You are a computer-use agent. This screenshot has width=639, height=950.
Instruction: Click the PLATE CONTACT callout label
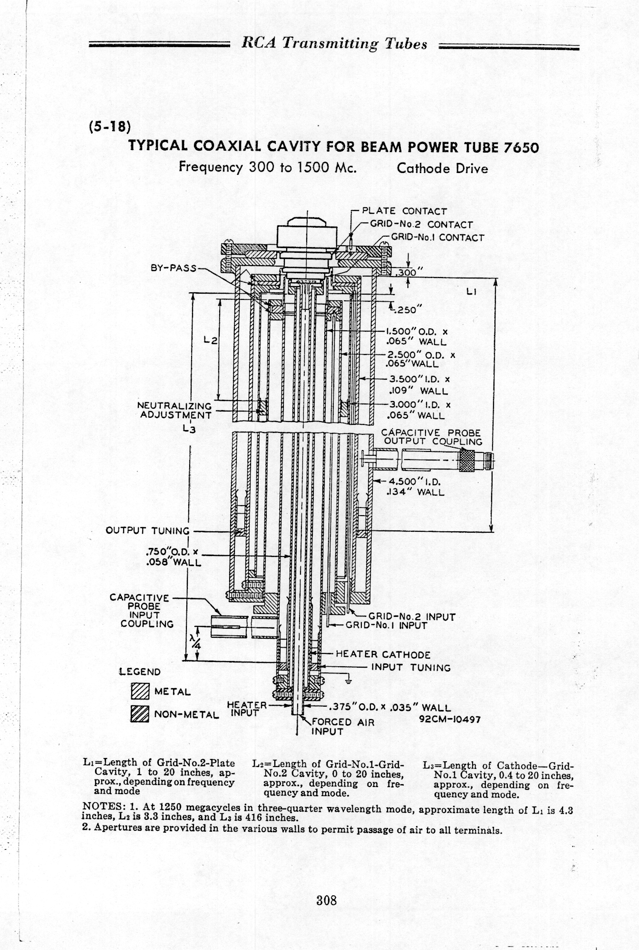[405, 211]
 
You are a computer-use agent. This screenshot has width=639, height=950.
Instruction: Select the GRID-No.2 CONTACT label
[421, 224]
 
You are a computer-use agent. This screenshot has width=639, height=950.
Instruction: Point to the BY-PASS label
[174, 268]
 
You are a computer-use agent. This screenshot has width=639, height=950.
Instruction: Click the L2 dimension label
[210, 340]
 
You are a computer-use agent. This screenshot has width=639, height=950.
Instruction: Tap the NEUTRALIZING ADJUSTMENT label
[174, 410]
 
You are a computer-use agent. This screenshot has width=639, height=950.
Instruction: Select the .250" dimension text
[405, 309]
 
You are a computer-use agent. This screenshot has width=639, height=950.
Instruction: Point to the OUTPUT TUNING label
[147, 531]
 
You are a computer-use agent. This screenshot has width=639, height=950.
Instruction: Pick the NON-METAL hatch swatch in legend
[140, 714]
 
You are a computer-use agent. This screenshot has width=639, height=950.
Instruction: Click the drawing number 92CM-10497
[450, 720]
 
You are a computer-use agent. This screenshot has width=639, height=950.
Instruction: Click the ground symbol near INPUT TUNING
[349, 679]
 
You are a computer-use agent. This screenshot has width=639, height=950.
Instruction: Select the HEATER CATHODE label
[383, 654]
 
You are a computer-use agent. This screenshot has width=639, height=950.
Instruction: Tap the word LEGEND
[140, 672]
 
